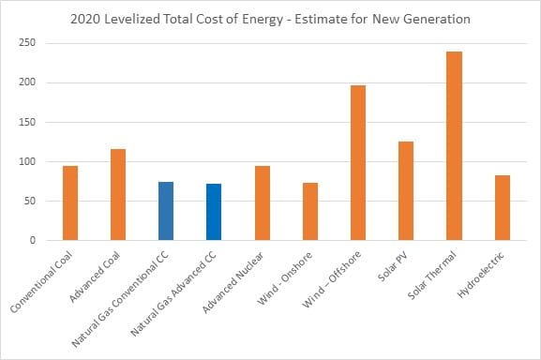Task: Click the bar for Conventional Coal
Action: (70, 203)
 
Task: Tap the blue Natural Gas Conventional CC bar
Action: (166, 211)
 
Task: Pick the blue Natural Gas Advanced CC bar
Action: (214, 212)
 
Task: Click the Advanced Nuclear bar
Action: (263, 203)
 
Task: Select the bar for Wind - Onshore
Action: (310, 212)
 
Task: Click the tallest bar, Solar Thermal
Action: (454, 146)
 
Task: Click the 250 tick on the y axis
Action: (27, 43)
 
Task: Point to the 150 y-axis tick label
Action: (27, 122)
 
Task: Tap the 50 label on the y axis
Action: (30, 201)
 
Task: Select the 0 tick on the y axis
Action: (33, 240)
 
